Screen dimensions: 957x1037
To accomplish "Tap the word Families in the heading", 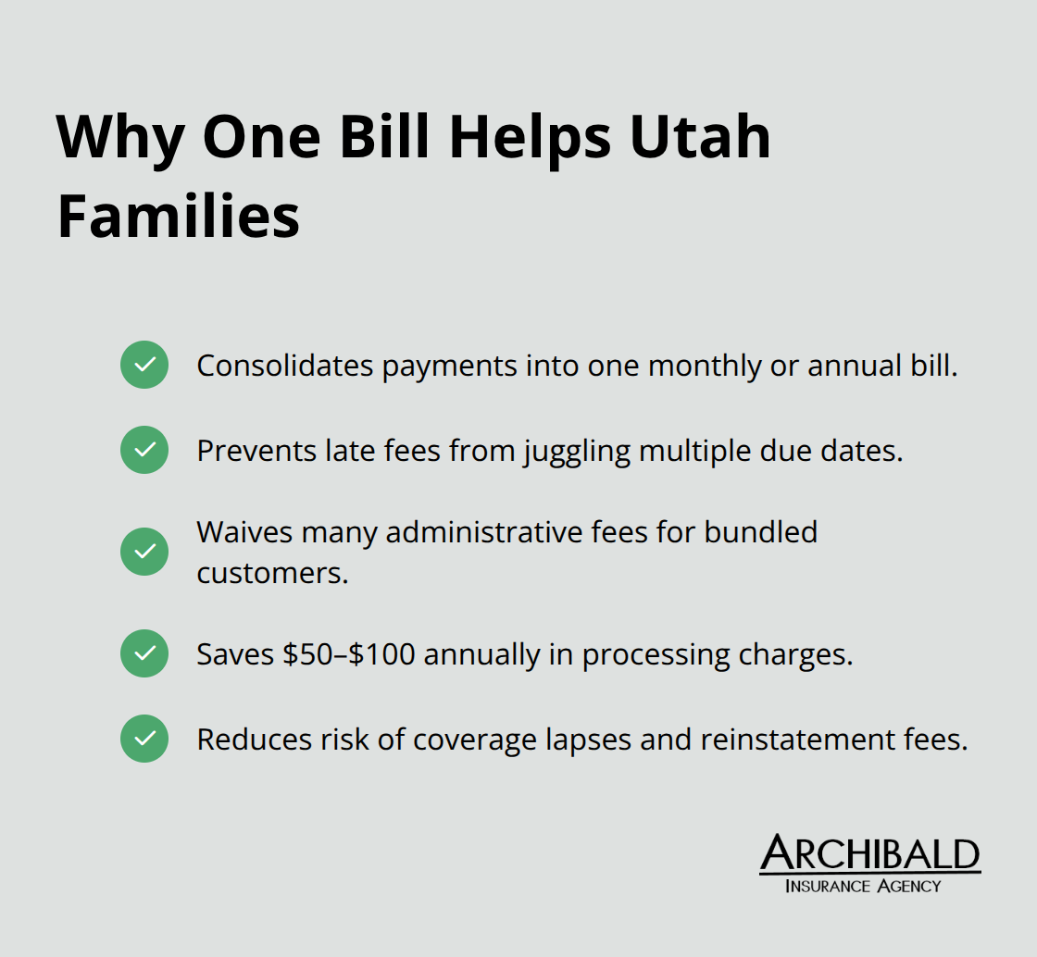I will tap(179, 217).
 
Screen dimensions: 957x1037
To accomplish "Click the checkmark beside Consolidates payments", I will tap(144, 365).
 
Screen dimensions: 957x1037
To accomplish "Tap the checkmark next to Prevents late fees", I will tap(144, 450).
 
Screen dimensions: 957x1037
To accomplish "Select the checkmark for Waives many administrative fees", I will tap(144, 552).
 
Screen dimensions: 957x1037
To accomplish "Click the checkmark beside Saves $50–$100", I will tap(144, 653).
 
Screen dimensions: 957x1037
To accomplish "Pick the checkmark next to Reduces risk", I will tap(144, 739).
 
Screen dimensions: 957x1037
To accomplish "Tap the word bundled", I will tap(761, 532).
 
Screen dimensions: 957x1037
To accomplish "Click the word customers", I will tap(272, 573).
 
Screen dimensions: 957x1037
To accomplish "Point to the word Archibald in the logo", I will tap(869, 855).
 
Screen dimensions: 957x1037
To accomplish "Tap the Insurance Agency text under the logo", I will tap(862, 886).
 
